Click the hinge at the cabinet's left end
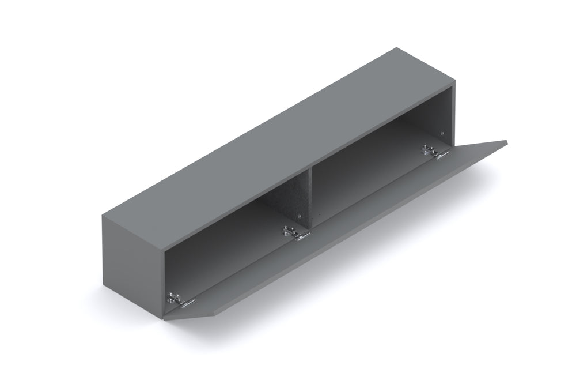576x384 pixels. (175, 300)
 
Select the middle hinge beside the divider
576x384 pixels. (295, 233)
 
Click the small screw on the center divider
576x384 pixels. (301, 217)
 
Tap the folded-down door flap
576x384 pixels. (346, 231)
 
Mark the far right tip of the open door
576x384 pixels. (507, 141)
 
